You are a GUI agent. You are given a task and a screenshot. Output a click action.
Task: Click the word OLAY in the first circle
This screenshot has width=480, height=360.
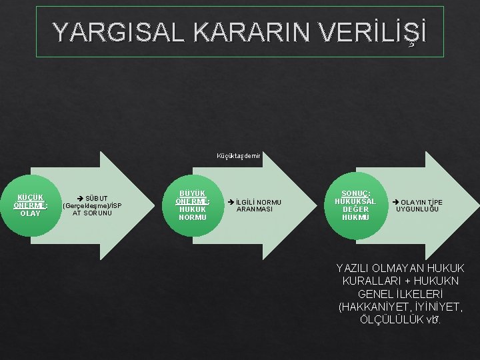[x=30, y=213]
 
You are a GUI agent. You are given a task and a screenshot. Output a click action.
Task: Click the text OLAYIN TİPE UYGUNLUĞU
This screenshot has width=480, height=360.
[x=419, y=205]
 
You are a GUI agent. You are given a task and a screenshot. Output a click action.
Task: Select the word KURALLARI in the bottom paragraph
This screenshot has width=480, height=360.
[x=373, y=281]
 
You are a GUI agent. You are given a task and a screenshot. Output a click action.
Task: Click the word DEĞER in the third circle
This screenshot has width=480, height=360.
[x=355, y=209]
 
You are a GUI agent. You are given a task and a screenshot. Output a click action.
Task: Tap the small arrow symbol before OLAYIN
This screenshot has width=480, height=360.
[x=395, y=201]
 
